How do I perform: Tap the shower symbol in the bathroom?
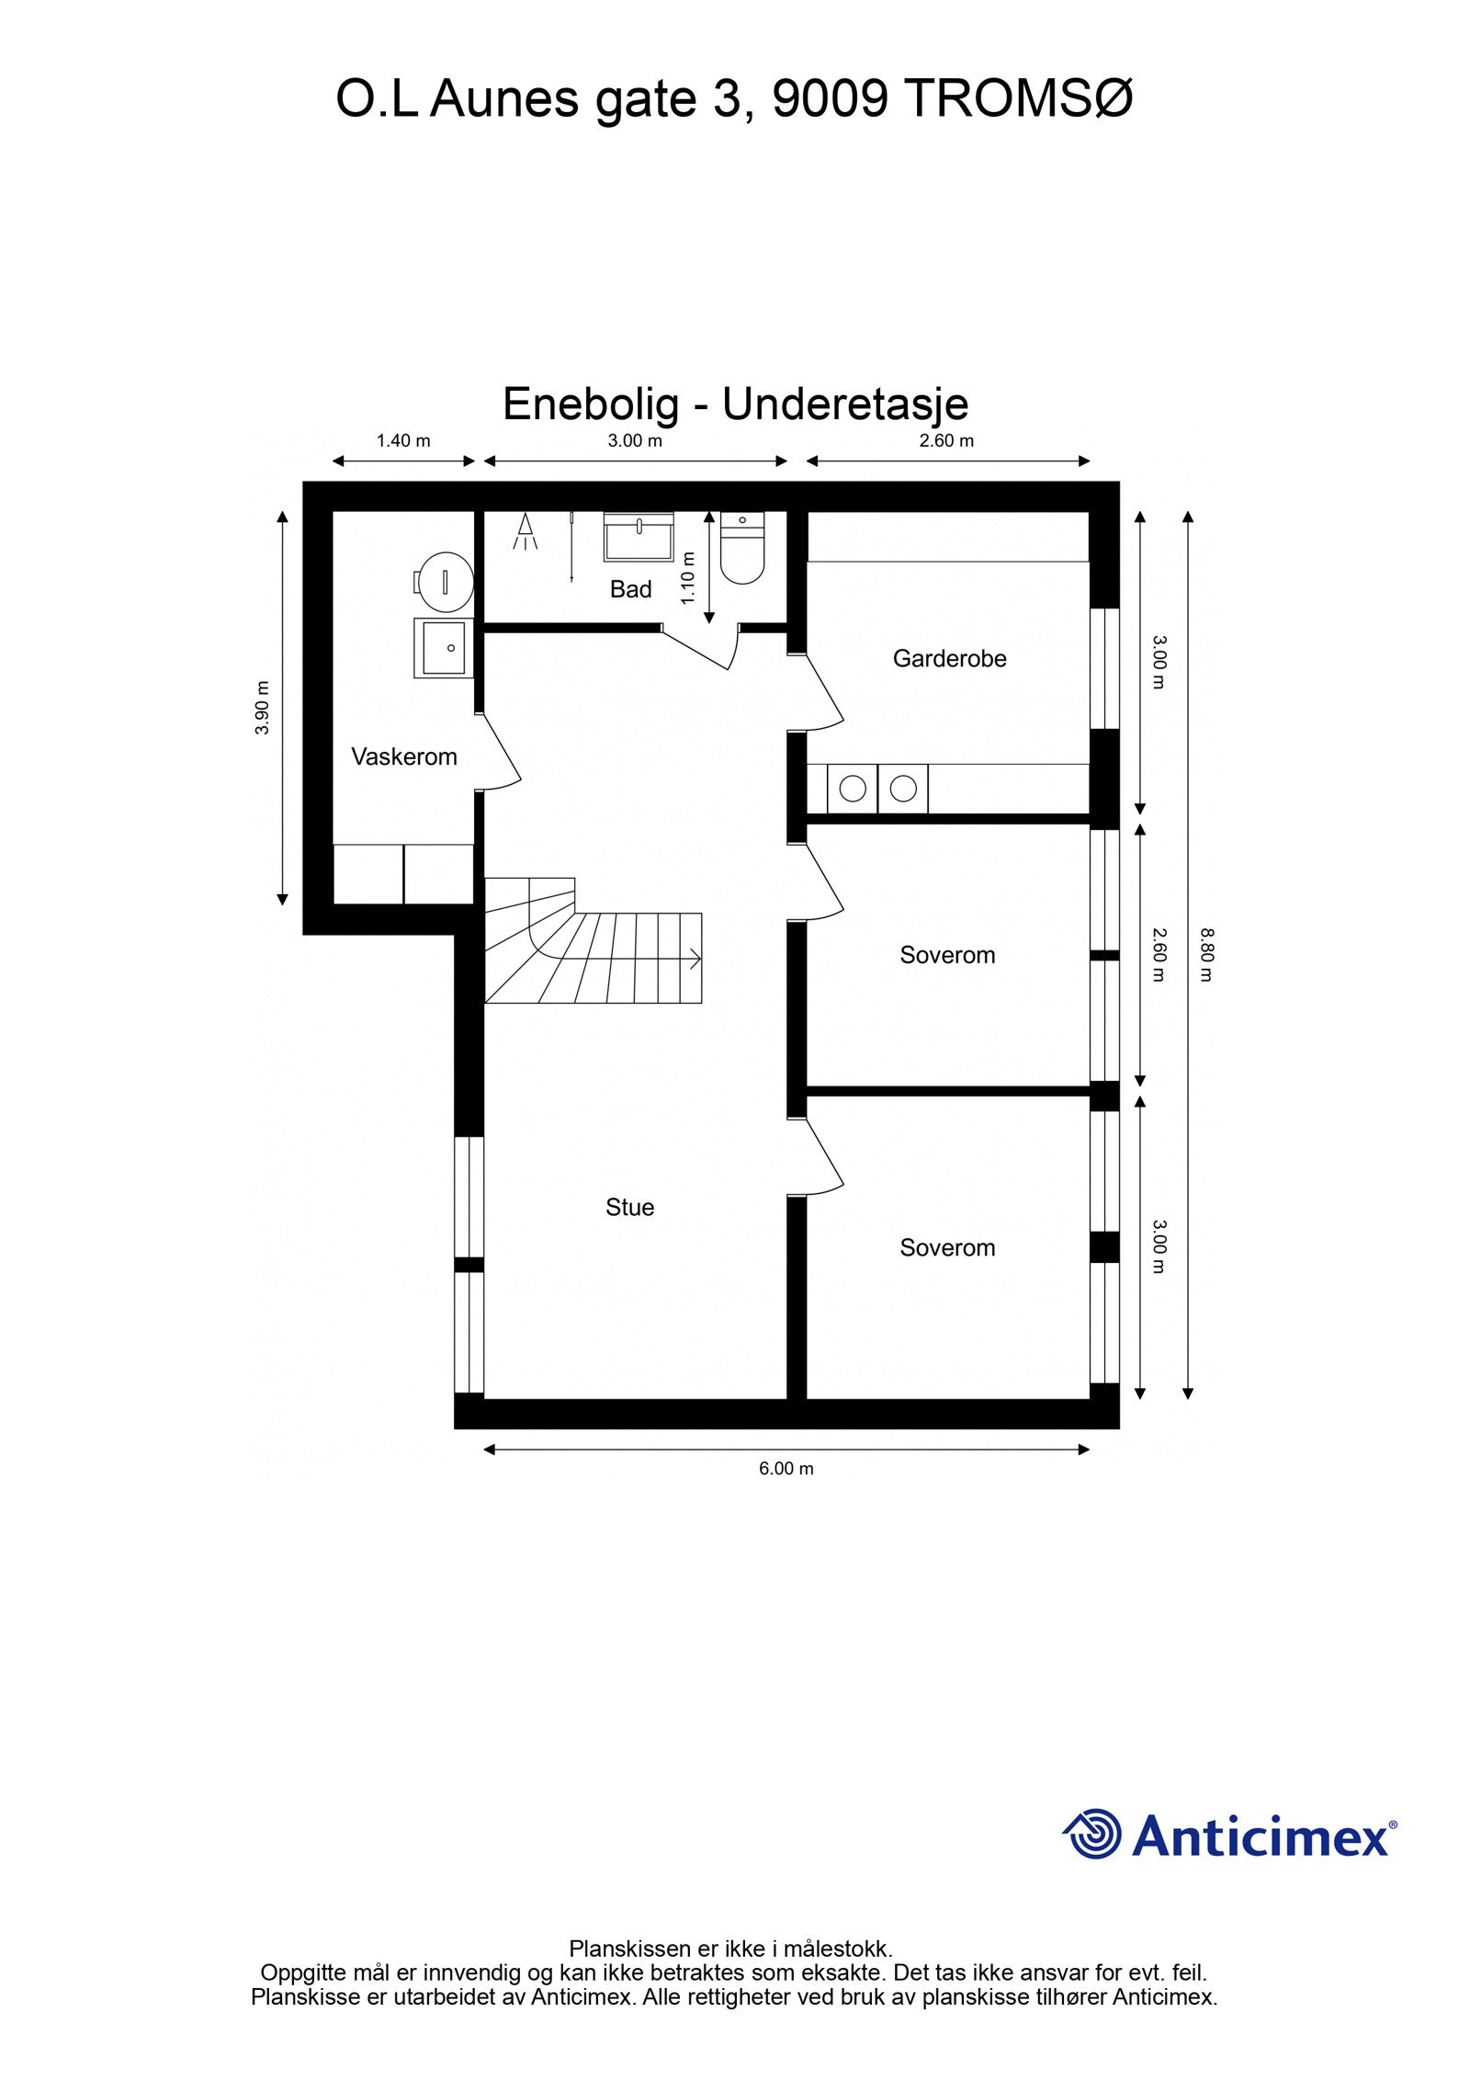click(526, 531)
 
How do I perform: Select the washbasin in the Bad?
click(639, 536)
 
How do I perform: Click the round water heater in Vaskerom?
click(444, 581)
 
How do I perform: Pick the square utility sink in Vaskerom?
click(443, 647)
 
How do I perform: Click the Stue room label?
click(629, 1207)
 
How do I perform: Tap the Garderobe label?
click(949, 658)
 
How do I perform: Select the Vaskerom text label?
click(403, 756)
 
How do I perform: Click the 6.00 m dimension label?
click(786, 1468)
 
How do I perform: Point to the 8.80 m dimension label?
click(1205, 955)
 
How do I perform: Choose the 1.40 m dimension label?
click(403, 440)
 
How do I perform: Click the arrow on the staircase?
click(693, 959)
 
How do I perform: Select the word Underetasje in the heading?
click(844, 403)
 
